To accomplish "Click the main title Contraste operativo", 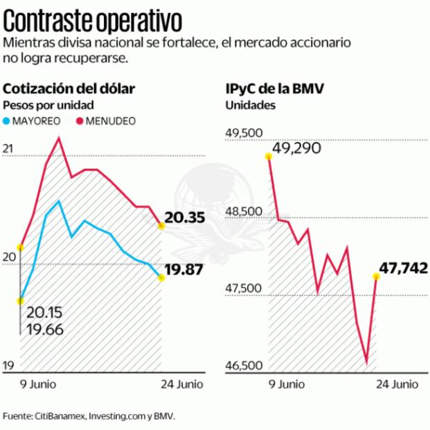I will click(93, 18).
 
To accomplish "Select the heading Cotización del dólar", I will click(69, 89).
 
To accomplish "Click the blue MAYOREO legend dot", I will click(8, 121).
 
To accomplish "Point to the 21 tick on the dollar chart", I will click(8, 148).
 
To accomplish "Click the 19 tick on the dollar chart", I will click(8, 365).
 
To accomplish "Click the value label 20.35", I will click(185, 218).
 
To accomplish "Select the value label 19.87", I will click(185, 269).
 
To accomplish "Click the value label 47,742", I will click(404, 268).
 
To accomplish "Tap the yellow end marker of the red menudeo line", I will click(161, 225).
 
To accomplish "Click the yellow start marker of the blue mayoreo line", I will click(21, 300).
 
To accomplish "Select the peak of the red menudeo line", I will click(59, 137).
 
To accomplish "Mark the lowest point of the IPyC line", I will click(366, 363).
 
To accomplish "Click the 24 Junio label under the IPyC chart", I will click(397, 384).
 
